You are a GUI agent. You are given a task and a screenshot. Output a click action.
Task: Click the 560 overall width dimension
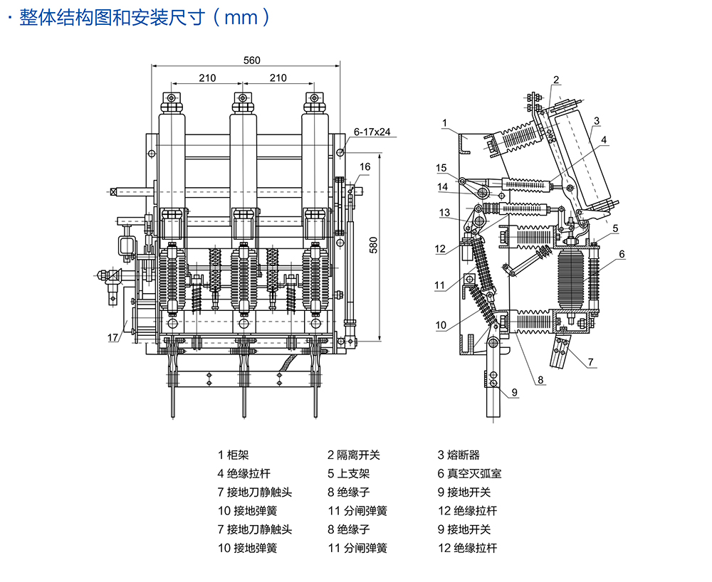click(x=251, y=60)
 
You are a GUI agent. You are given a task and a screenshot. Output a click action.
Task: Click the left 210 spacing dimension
click(x=207, y=78)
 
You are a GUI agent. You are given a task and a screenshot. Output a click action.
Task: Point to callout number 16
click(x=365, y=167)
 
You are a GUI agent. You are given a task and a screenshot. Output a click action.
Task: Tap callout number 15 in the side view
click(x=441, y=168)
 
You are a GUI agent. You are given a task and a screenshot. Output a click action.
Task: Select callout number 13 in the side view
click(x=444, y=213)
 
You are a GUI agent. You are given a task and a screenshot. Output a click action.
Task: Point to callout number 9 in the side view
click(x=514, y=391)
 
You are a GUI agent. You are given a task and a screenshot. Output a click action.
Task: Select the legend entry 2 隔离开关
click(x=354, y=455)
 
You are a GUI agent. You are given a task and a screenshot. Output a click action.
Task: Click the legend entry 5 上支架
click(x=349, y=473)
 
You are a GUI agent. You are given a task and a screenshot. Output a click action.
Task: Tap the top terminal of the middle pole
click(x=243, y=97)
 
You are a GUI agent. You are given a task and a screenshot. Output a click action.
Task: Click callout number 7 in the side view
click(x=591, y=363)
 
